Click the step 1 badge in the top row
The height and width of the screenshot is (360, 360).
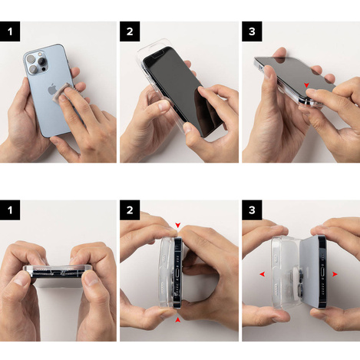[x=9, y=32]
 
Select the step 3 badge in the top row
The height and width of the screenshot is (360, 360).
[x=252, y=32]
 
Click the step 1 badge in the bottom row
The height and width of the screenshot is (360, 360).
[x=9, y=210]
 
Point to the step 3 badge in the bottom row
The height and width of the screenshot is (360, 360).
[x=252, y=210]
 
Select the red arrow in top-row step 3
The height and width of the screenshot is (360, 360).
[x=306, y=85]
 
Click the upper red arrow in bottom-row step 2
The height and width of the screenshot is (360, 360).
[x=178, y=226]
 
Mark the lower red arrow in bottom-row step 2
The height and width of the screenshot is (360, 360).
[x=178, y=319]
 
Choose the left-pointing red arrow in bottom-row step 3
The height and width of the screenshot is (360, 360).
[x=263, y=274]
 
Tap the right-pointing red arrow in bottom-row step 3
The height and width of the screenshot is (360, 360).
[x=335, y=274]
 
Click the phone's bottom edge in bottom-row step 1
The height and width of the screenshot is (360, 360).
[x=58, y=274]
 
